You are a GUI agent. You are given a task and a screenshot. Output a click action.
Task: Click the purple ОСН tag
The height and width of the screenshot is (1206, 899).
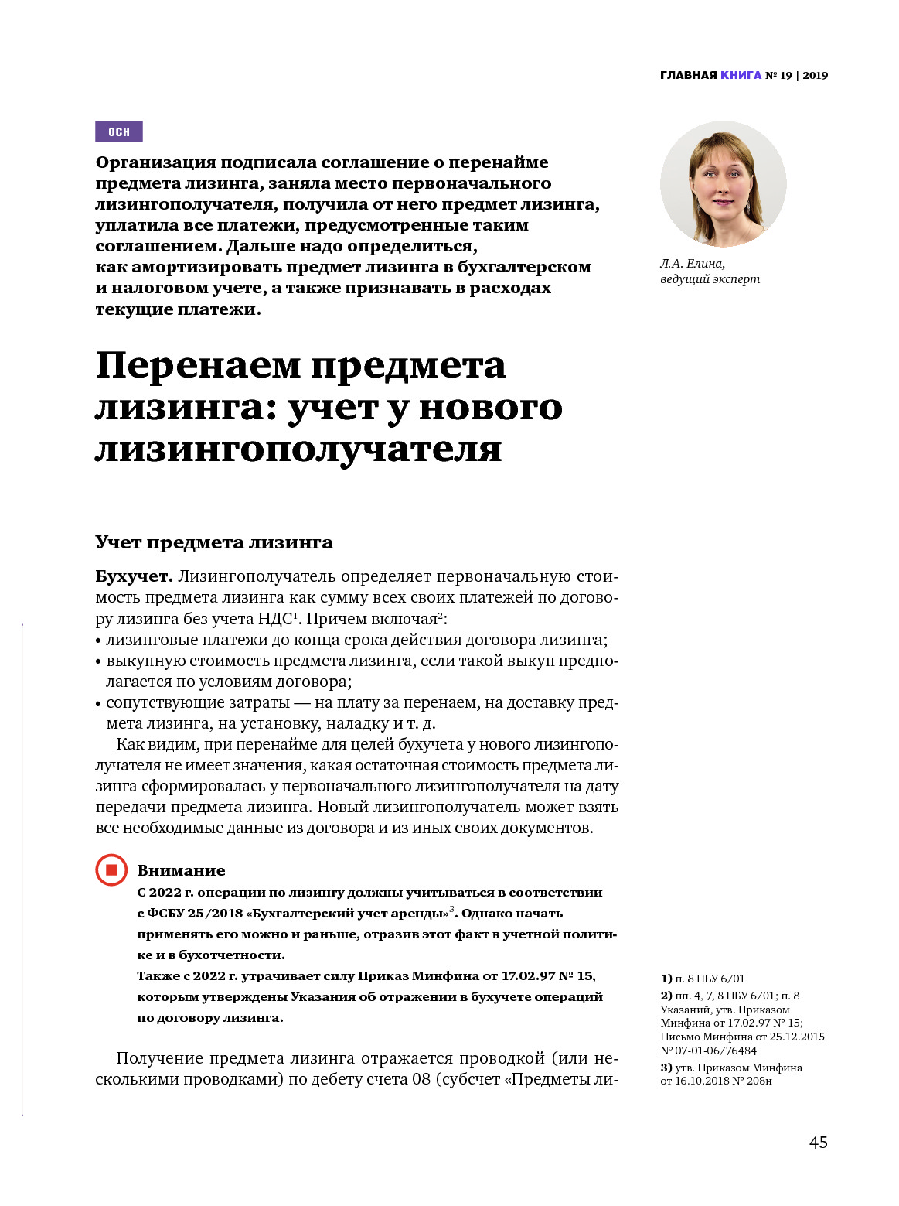pyautogui.click(x=119, y=132)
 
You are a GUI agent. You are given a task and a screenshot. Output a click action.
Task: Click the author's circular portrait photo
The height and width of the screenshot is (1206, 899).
pyautogui.click(x=723, y=184)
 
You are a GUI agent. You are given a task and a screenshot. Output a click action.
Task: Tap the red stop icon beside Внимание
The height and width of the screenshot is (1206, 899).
pyautogui.click(x=111, y=870)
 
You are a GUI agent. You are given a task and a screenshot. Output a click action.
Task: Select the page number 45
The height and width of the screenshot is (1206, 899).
pyautogui.click(x=818, y=1143)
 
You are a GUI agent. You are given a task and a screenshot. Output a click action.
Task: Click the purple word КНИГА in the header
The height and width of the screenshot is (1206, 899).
pyautogui.click(x=741, y=75)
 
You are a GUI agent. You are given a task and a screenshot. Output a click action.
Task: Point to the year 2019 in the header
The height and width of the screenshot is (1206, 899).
pyautogui.click(x=815, y=75)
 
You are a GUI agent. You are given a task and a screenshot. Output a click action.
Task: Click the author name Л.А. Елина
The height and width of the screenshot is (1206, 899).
pyautogui.click(x=692, y=263)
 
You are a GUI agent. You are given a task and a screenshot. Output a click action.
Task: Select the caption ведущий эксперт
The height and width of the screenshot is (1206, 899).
pyautogui.click(x=710, y=278)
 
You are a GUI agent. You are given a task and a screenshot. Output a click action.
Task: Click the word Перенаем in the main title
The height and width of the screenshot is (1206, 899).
pyautogui.click(x=197, y=365)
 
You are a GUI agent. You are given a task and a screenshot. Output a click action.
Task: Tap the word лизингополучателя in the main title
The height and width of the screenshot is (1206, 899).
pyautogui.click(x=298, y=449)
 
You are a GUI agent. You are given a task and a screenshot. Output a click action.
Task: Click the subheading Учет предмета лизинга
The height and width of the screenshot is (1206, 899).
pyautogui.click(x=214, y=542)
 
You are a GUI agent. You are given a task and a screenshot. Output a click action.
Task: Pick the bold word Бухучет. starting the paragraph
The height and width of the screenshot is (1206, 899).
pyautogui.click(x=133, y=576)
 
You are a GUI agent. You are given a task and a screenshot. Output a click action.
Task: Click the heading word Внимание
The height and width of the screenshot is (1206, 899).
pyautogui.click(x=181, y=870)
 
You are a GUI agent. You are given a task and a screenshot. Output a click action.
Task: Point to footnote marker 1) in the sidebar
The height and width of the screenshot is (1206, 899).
pyautogui.click(x=666, y=979)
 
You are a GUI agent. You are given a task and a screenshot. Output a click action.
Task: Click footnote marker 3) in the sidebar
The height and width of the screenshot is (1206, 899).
pyautogui.click(x=666, y=1068)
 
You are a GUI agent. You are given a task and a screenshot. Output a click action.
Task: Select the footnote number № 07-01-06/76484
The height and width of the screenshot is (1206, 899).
pyautogui.click(x=709, y=1051)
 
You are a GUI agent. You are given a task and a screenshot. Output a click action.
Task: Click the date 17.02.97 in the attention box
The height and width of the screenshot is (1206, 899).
pyautogui.click(x=529, y=975)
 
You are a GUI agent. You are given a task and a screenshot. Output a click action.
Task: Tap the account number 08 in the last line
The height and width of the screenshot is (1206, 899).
pyautogui.click(x=421, y=1079)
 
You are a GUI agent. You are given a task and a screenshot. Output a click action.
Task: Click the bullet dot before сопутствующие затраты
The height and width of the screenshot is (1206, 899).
pyautogui.click(x=98, y=704)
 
